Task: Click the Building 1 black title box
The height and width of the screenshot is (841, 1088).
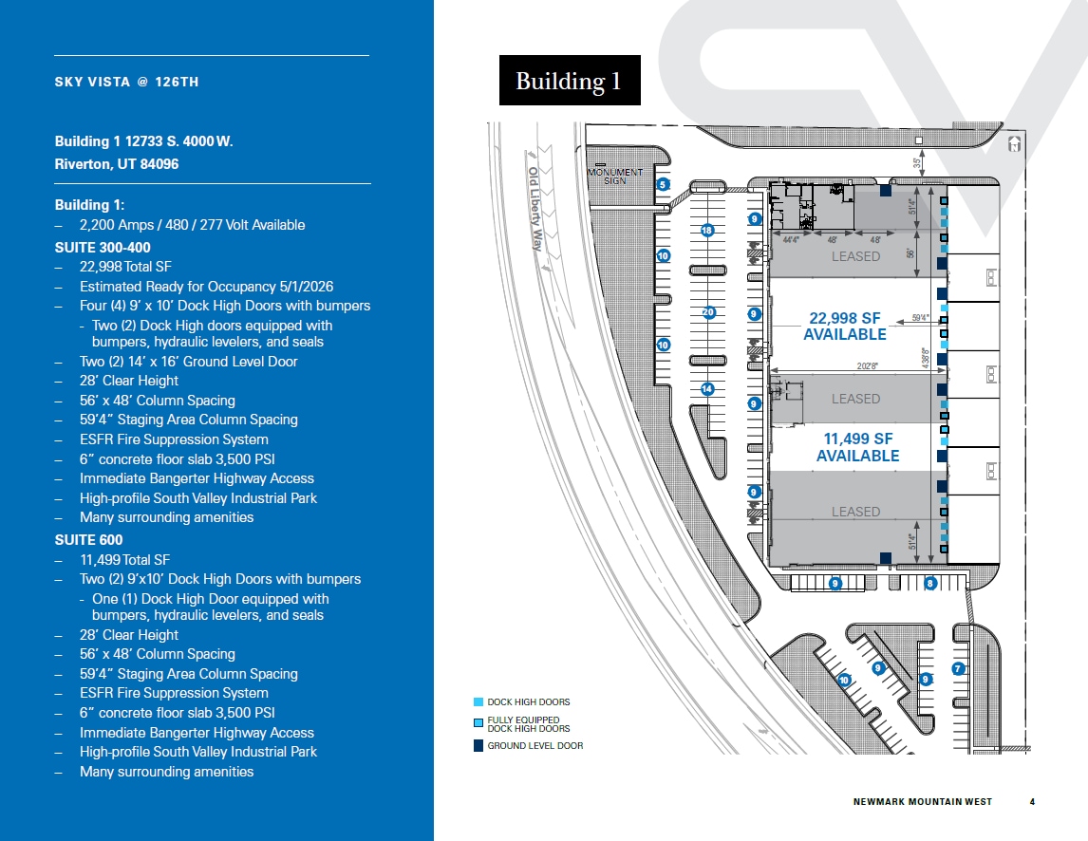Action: pyautogui.click(x=570, y=81)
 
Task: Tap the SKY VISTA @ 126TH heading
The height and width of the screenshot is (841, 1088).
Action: pyautogui.click(x=126, y=83)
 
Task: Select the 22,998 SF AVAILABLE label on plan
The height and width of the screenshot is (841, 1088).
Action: pyautogui.click(x=844, y=326)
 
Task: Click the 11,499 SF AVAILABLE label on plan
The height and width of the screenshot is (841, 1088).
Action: pyautogui.click(x=856, y=447)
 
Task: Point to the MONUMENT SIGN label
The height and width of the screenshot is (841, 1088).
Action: pyautogui.click(x=615, y=177)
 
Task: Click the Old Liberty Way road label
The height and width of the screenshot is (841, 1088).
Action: pyautogui.click(x=543, y=208)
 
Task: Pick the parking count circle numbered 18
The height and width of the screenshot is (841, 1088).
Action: pyautogui.click(x=706, y=231)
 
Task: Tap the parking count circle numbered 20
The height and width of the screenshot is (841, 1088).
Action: pyautogui.click(x=707, y=312)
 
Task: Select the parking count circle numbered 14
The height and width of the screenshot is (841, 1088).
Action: pyautogui.click(x=707, y=389)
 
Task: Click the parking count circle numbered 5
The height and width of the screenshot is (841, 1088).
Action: pyautogui.click(x=663, y=184)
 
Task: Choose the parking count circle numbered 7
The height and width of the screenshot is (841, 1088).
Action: pyautogui.click(x=958, y=668)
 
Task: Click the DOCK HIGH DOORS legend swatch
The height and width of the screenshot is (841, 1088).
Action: pyautogui.click(x=478, y=702)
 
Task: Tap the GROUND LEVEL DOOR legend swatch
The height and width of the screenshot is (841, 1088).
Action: pyautogui.click(x=478, y=746)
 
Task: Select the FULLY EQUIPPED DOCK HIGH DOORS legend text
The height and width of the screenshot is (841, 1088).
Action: pyautogui.click(x=529, y=724)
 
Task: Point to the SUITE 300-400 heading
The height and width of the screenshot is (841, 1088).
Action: pyautogui.click(x=103, y=247)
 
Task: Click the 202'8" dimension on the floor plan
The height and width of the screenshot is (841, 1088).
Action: pyautogui.click(x=866, y=365)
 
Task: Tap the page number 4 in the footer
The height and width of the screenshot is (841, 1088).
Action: pyautogui.click(x=1032, y=802)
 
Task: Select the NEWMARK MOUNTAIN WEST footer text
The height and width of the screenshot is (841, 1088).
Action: pyautogui.click(x=923, y=802)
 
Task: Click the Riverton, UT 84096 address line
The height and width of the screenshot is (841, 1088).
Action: pyautogui.click(x=117, y=164)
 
